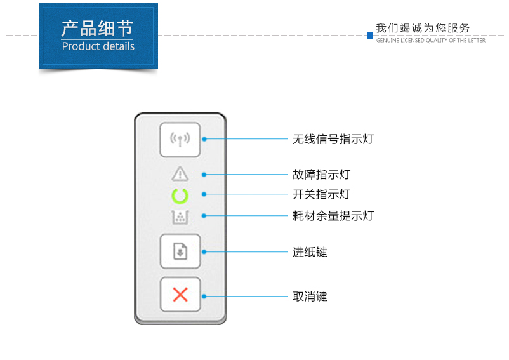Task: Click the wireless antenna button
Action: point(180,140)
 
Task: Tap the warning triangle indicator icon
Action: point(180,174)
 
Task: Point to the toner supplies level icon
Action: point(180,217)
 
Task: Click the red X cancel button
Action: point(180,295)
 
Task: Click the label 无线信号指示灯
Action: point(333,139)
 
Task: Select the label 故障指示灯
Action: point(321,175)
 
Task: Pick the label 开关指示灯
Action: point(321,194)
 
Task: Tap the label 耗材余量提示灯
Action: point(333,216)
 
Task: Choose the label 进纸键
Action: point(310,252)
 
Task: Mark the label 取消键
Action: point(310,297)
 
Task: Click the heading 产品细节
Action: point(97,28)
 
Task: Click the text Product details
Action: point(98,46)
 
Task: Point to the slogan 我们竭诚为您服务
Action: point(423,28)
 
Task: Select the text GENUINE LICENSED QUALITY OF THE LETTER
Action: point(431,40)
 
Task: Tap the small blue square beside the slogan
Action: point(370,36)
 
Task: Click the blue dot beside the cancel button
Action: point(204,297)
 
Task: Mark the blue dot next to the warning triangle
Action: point(204,175)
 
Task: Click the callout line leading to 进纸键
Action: point(246,252)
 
